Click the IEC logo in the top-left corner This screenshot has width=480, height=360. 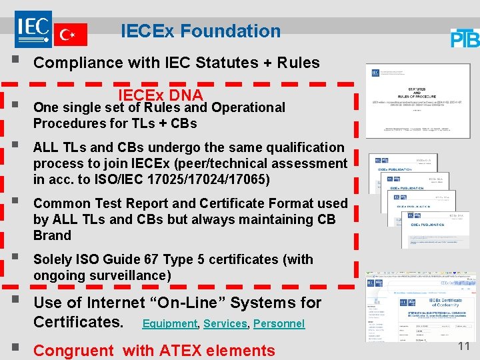coord(33,27)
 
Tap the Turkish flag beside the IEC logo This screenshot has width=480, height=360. coord(70,33)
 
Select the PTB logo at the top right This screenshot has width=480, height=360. coord(465,38)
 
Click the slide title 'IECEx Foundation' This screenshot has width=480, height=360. coord(201,31)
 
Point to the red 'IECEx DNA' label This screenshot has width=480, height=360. coord(161,95)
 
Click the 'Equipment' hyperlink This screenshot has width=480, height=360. coord(170,324)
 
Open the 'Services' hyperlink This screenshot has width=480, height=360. coord(225,324)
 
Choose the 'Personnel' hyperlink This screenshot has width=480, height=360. coord(279,324)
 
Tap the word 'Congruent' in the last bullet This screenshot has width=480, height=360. coord(73,350)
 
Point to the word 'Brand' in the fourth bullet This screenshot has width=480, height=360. coord(52,235)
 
